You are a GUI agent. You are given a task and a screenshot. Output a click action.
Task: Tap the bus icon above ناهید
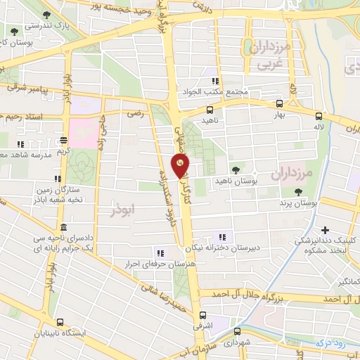(x=210, y=109)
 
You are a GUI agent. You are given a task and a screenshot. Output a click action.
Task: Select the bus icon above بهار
(x=280, y=103)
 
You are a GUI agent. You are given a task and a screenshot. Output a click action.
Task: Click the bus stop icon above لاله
(x=320, y=117)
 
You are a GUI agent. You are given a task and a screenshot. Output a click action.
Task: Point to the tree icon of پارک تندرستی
(x=46, y=14)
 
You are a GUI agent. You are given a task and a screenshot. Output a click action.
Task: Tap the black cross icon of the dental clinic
(x=325, y=229)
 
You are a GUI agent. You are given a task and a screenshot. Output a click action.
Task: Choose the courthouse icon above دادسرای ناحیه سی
(x=64, y=227)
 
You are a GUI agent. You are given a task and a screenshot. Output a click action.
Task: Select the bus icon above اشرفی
(x=204, y=315)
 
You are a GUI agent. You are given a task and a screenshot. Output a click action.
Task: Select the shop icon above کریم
(x=64, y=139)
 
